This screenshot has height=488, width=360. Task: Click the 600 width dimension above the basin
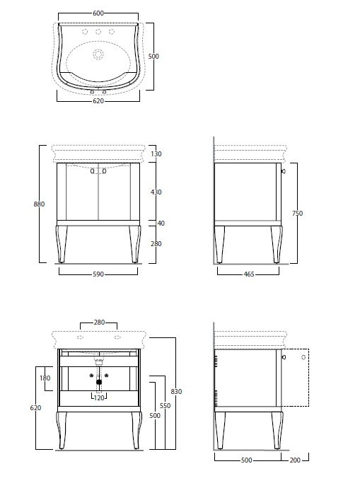(98, 13)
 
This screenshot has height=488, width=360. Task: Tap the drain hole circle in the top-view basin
(98, 54)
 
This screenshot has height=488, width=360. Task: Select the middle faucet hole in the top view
(98, 31)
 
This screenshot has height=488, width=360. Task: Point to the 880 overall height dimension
(39, 204)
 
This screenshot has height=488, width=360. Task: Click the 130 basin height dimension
(156, 153)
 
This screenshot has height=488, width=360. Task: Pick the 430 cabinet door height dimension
(156, 192)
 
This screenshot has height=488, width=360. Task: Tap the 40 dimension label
(161, 223)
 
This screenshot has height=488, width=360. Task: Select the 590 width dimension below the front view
(98, 274)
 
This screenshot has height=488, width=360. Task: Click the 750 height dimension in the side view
(298, 213)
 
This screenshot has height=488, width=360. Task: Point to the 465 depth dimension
(249, 274)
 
